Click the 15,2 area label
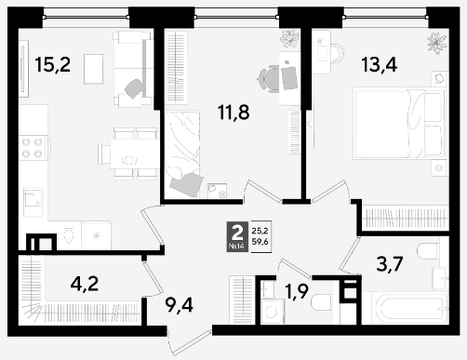53,65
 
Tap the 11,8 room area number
233,113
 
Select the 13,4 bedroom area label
380,65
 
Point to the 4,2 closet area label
85,284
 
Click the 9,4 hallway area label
179,305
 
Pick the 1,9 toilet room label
297,292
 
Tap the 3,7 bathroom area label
390,264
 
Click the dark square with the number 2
237,236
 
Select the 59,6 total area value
260,242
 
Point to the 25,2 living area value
260,231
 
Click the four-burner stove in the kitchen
33,148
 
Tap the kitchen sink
33,202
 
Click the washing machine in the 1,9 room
272,312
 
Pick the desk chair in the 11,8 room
269,79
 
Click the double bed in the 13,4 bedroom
398,124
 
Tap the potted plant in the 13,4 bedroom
437,43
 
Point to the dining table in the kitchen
134,153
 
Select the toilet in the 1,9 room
321,301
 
